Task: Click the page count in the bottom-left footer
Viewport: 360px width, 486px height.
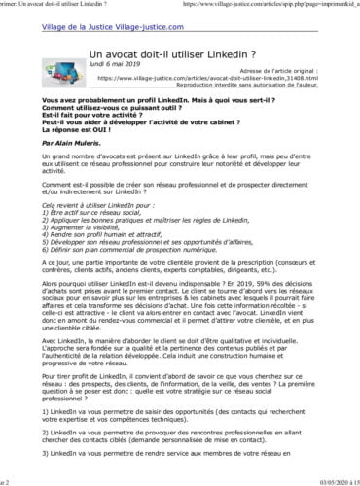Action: pos(5,481)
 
